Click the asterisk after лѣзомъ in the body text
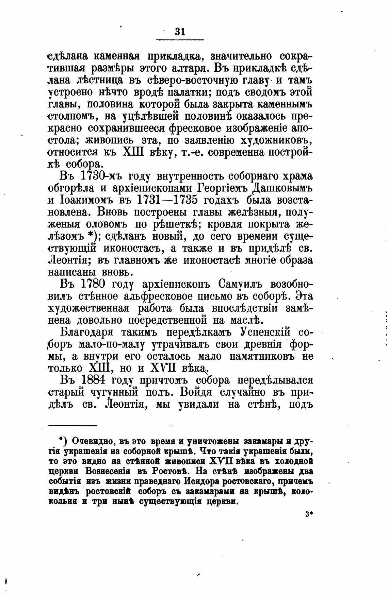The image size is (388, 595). pyautogui.click(x=91, y=235)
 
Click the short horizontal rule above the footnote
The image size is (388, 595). pyautogui.click(x=72, y=425)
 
